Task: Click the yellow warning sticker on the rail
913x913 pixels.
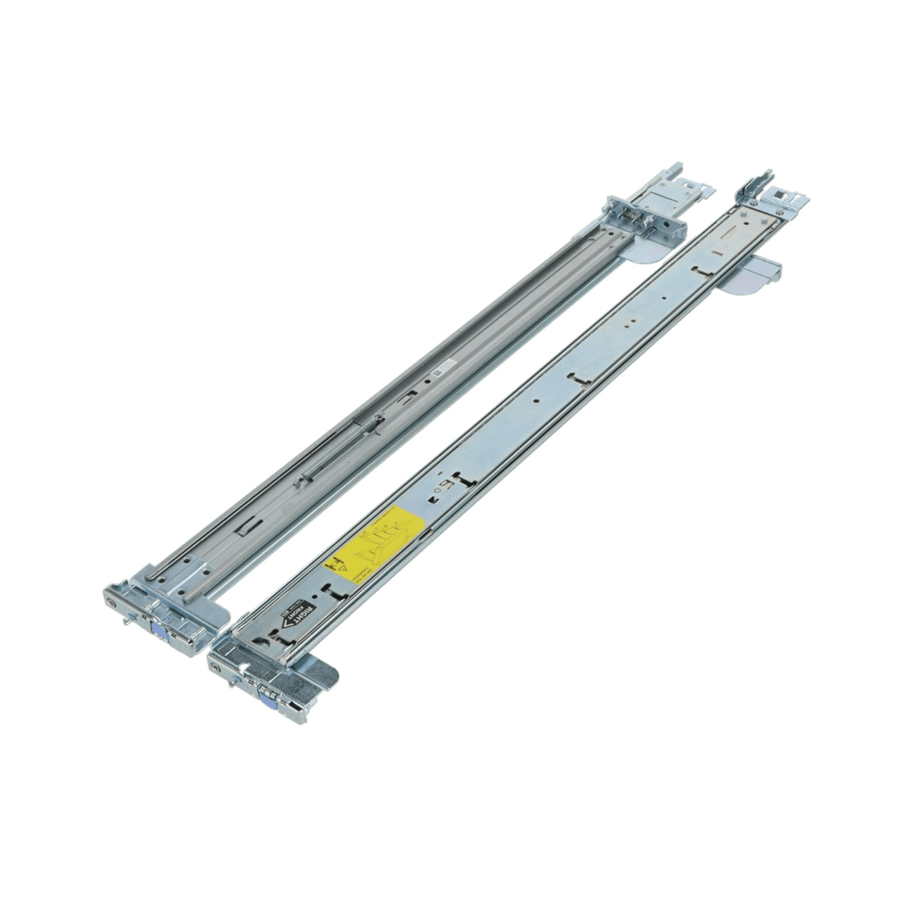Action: [x=373, y=545]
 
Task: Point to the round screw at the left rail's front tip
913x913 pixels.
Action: [x=113, y=601]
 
